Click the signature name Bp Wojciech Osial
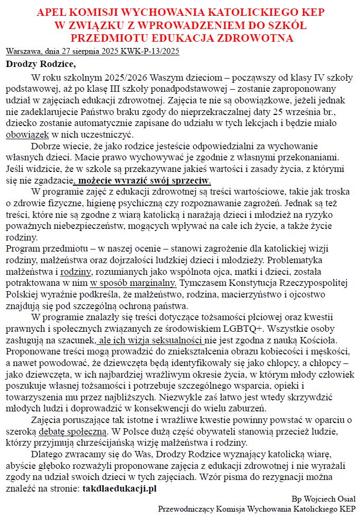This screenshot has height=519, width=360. (x=323, y=499)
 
